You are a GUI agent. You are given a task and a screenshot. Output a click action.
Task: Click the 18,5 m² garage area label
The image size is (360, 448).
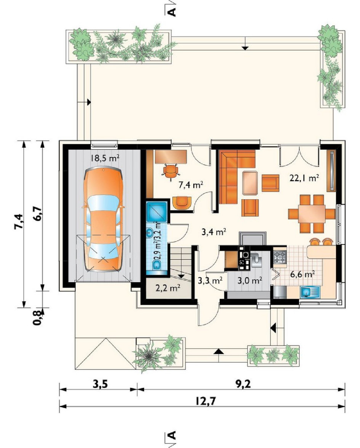105,158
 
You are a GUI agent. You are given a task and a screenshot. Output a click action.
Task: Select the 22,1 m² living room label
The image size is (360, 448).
304,178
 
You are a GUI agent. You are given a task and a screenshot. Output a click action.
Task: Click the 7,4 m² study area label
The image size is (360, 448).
191,185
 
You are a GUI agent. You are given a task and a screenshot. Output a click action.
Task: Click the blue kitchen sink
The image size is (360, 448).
310,292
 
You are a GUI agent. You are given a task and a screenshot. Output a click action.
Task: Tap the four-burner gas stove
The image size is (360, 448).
280,257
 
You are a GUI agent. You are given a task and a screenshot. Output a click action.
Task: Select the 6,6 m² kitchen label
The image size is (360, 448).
303,275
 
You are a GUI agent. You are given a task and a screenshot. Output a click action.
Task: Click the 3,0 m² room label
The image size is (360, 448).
250,280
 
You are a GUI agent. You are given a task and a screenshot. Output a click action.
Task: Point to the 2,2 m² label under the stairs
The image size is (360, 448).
167,288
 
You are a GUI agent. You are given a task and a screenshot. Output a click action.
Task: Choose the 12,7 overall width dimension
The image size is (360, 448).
206,401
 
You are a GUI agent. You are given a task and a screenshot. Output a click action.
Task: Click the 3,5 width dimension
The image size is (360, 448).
100,384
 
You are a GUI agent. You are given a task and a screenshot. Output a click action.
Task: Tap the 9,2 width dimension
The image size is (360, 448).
243,384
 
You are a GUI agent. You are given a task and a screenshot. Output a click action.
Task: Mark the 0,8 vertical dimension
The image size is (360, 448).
37,317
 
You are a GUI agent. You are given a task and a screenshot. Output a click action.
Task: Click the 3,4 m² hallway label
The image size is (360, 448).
214,232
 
